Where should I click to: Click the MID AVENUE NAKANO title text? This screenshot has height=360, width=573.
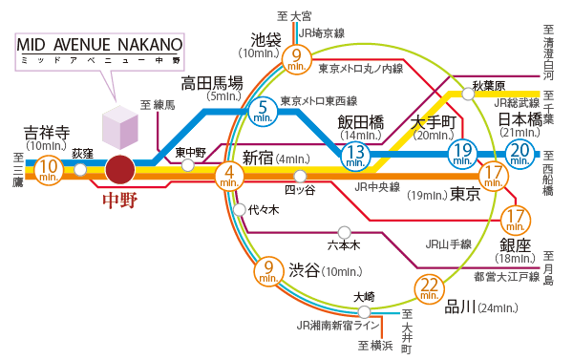[99, 46]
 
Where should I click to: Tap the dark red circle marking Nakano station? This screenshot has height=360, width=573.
[121, 170]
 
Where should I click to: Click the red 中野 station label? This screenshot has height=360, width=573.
[121, 201]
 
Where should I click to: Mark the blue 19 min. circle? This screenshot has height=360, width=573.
[463, 152]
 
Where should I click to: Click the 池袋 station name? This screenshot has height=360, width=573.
[265, 40]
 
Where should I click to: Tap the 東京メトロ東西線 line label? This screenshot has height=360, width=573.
[319, 100]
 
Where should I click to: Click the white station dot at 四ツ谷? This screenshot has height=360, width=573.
[300, 176]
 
